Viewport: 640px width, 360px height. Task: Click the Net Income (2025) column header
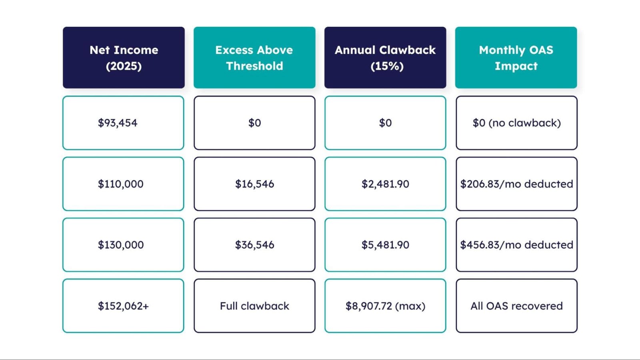[x=124, y=58]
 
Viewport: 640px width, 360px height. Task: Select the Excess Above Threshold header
[x=254, y=58]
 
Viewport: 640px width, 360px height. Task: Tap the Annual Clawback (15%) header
[x=385, y=58]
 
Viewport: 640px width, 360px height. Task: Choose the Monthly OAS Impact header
[x=516, y=58]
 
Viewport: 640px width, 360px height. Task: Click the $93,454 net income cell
[x=123, y=123]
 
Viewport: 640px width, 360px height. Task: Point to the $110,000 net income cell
[x=123, y=184]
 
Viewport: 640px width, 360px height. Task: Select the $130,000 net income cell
[x=123, y=245]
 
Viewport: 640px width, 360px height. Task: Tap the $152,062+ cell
[x=123, y=306]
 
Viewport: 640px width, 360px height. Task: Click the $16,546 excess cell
[x=254, y=184]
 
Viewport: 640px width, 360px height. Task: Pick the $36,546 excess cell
[x=254, y=245]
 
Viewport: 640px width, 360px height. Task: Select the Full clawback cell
[x=254, y=306]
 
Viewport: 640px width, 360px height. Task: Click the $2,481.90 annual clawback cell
[x=385, y=184]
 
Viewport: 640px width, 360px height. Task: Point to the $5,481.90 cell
[x=385, y=245]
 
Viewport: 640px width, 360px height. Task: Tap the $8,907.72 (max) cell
[x=385, y=306]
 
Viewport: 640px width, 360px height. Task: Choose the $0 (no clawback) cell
[x=516, y=123]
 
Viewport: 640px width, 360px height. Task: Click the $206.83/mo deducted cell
[x=516, y=184]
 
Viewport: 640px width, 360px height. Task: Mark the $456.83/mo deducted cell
[x=516, y=245]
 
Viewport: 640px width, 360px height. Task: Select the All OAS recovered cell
[x=516, y=306]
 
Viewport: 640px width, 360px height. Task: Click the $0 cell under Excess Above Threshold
[x=254, y=123]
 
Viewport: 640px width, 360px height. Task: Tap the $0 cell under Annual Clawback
[x=385, y=123]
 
